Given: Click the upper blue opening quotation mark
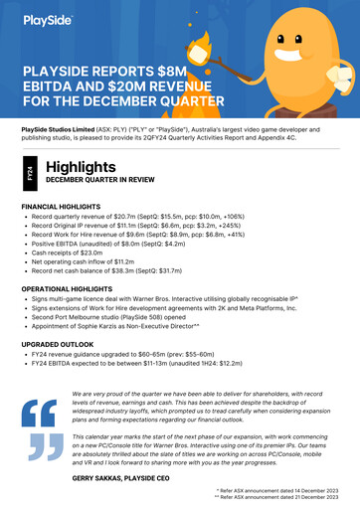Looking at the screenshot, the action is [42, 410].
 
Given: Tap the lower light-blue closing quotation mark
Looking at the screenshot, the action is [42, 448].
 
